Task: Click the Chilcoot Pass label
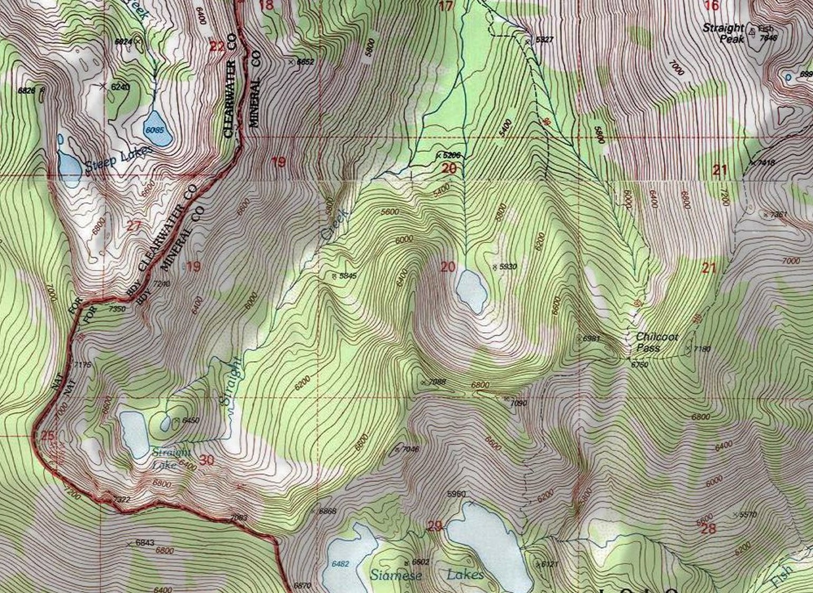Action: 656,342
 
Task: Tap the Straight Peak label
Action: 723,33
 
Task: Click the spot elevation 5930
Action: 507,267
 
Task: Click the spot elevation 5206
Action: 451,155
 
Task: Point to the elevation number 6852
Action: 305,62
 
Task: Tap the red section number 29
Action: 434,526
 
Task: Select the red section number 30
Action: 207,461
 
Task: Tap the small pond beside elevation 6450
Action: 166,423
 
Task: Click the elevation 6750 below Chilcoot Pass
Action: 640,365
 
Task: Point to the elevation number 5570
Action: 748,514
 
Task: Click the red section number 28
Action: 708,529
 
